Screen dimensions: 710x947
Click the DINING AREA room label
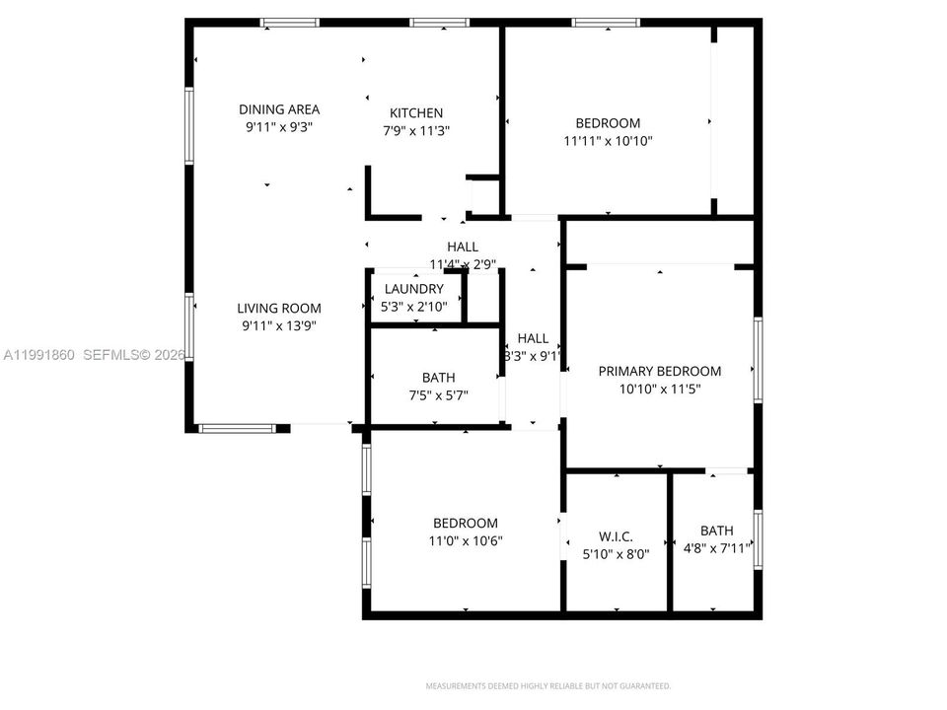coord(279,109)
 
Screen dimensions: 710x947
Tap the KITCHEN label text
coord(416,113)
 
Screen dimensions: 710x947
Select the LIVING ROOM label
coord(278,308)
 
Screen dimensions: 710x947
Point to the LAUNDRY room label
coord(414,289)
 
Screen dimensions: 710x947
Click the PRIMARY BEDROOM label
coord(660,371)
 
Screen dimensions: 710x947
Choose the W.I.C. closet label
coord(616,536)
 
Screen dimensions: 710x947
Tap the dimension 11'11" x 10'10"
coord(608,141)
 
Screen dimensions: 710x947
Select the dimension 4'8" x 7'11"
coord(717,548)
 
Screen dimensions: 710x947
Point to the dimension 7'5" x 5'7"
coord(438,395)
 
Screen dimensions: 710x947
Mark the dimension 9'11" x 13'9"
coord(278,325)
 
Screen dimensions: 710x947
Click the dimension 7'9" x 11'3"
coord(416,130)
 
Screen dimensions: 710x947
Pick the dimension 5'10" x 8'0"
coord(616,554)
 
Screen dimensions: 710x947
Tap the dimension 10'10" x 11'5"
coord(660,389)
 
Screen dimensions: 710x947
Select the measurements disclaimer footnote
coord(548,685)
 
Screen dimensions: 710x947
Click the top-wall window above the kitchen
coord(439,23)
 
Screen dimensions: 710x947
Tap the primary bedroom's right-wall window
coord(758,359)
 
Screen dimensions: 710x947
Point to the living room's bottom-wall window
coord(237,428)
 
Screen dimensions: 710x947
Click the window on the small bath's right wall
coord(758,539)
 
